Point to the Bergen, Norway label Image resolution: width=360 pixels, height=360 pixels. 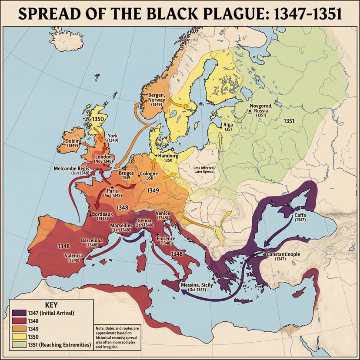[157, 98]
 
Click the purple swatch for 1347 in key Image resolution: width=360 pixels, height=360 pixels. [17, 313]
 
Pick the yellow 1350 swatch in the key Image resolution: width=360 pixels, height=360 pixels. [17, 337]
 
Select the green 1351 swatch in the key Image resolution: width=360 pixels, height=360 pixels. [17, 344]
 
